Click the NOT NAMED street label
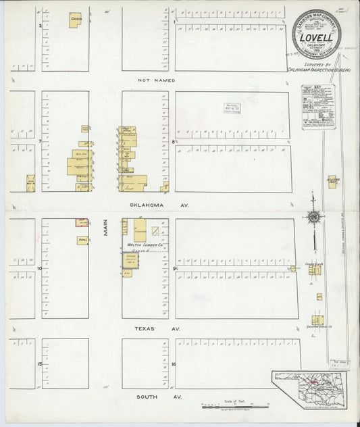(x=156, y=80)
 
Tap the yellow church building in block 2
(x=75, y=20)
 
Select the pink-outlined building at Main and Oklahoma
(x=81, y=222)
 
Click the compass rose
(x=313, y=216)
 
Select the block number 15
(x=40, y=364)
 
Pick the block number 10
(x=40, y=268)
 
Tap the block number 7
(x=40, y=142)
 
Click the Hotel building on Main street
(x=82, y=240)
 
